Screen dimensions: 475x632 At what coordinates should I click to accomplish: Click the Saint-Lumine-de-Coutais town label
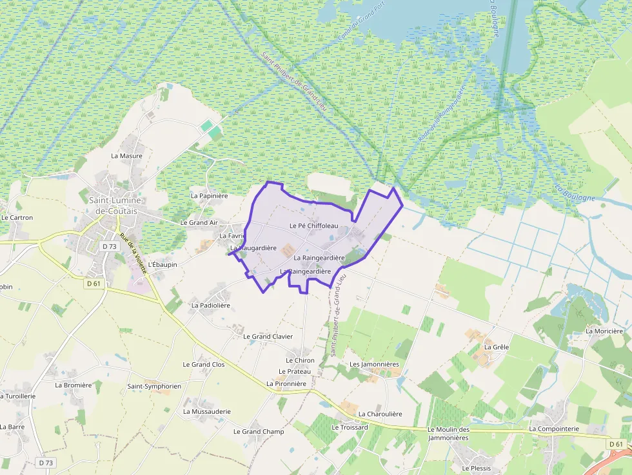[118, 206]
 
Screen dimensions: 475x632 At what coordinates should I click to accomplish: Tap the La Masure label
[126, 156]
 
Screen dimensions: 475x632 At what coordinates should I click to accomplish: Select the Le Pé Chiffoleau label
[314, 226]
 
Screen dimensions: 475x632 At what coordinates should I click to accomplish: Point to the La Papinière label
[210, 195]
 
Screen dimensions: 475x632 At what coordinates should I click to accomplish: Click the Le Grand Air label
[199, 223]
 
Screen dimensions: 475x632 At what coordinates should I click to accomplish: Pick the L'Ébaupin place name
[163, 264]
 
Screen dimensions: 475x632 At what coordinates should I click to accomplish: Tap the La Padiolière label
[211, 305]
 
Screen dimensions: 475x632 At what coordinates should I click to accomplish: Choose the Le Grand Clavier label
[268, 336]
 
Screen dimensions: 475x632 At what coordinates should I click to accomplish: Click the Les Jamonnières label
[374, 364]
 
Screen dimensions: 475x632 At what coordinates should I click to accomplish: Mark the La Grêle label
[497, 347]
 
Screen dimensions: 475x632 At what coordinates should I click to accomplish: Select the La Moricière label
[604, 331]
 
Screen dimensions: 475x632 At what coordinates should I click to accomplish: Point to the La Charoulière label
[380, 414]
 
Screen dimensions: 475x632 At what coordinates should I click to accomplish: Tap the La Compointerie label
[554, 429]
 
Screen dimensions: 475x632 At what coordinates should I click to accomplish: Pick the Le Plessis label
[476, 469]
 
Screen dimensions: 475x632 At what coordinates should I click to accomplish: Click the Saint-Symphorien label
[154, 386]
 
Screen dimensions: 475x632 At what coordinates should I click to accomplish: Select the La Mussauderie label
[207, 411]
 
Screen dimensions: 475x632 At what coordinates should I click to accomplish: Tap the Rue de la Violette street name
[133, 253]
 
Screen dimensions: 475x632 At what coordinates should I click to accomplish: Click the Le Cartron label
[17, 218]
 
